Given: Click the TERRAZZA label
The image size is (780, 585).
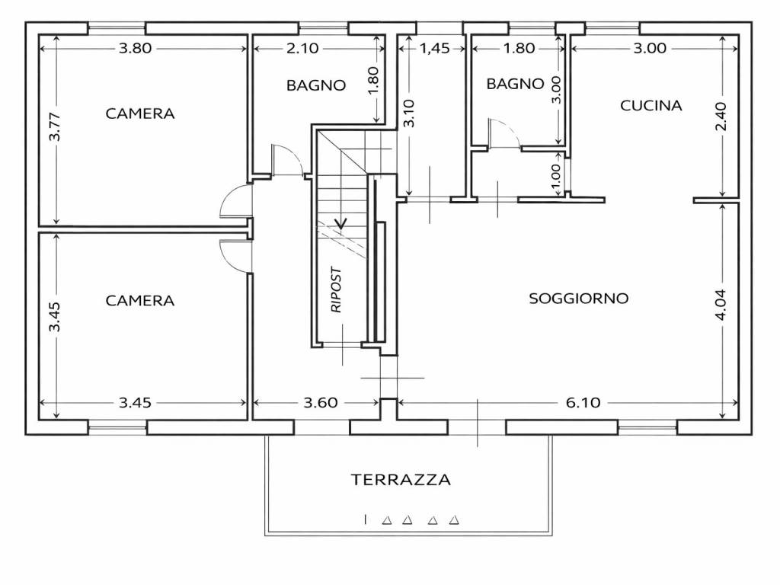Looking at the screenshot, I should click(x=401, y=480).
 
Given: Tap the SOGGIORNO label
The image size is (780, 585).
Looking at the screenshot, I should click(x=579, y=299).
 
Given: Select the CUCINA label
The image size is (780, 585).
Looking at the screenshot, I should click(x=651, y=106).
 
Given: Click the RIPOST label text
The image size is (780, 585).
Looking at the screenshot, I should click(x=337, y=290).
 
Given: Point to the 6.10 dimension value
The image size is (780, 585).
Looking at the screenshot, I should click(x=583, y=403).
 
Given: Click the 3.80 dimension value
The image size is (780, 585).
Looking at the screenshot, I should click(x=136, y=48).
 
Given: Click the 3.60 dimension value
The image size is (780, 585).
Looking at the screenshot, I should click(x=319, y=403).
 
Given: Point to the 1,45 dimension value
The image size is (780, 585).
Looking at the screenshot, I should click(x=434, y=48).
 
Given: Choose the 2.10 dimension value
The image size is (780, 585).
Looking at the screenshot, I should click(x=302, y=48).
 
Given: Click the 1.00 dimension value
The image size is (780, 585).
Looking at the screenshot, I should click(x=555, y=177).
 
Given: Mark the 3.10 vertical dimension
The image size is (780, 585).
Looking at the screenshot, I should click(x=410, y=113).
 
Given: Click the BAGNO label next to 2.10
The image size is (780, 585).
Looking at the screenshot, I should click(x=316, y=85).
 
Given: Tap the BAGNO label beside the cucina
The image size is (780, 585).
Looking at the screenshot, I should click(x=516, y=84).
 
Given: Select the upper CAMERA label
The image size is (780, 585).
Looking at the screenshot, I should click(x=140, y=113).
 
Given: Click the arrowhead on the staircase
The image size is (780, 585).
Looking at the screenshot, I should click(x=341, y=223).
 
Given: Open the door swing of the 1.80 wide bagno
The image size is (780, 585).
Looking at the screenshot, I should click(x=503, y=134).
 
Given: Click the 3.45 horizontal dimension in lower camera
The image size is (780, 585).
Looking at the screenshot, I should click(x=136, y=403).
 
